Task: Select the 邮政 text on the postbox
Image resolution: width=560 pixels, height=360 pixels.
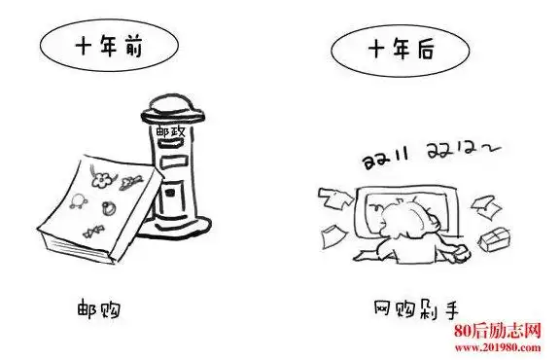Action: (x=171, y=130)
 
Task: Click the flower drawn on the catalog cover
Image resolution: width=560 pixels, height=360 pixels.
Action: (x=97, y=179)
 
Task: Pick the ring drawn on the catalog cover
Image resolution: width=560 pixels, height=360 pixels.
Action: (x=109, y=207)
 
